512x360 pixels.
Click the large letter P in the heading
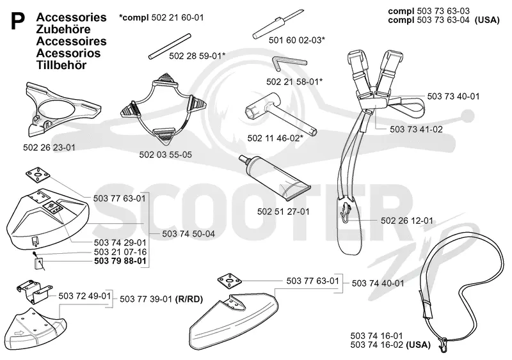point(18,21)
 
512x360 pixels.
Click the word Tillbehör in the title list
point(61,65)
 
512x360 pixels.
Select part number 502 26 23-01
point(49,148)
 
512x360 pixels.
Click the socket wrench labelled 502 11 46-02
point(280,114)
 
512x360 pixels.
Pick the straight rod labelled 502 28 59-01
point(170,46)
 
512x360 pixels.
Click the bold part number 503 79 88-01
point(120,262)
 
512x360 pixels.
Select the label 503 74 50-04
point(188,233)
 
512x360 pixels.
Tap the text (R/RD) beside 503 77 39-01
point(189,299)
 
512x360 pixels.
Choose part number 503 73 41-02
point(416,129)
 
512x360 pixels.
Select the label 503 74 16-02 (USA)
point(390,345)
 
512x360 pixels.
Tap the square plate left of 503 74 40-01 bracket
point(230,281)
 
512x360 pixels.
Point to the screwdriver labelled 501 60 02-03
point(277,24)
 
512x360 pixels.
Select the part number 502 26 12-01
point(407,221)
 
